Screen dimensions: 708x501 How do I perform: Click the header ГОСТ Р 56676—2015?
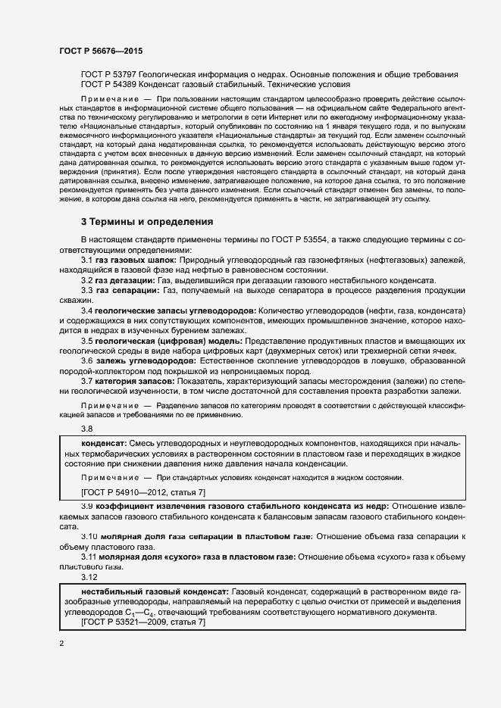100,51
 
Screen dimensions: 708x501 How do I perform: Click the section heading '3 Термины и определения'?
147,222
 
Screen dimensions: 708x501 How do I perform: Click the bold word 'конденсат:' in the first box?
104,441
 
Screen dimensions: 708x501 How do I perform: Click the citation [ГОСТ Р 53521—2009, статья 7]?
143,622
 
